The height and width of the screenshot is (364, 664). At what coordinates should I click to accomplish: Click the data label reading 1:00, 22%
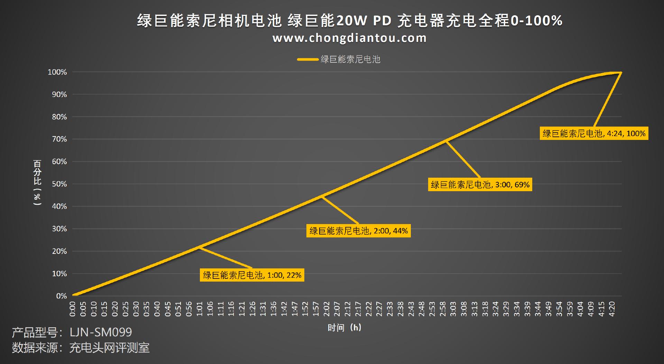click(x=252, y=275)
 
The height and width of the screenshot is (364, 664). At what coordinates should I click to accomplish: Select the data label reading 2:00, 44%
click(x=358, y=231)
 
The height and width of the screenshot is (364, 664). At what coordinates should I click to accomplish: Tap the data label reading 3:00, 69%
click(x=480, y=185)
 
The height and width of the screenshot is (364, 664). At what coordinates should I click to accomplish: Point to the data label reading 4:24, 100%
click(x=593, y=133)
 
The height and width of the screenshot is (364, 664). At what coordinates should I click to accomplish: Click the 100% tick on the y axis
click(x=57, y=72)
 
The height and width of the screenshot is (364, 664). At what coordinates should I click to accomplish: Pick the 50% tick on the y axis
click(x=59, y=184)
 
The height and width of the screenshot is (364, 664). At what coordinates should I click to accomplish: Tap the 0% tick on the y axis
click(x=61, y=296)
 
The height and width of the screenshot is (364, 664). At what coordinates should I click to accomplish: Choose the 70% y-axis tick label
click(x=59, y=139)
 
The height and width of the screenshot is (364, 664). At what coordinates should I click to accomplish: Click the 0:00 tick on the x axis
click(x=73, y=309)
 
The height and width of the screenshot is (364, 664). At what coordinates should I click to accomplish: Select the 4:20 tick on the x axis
click(x=612, y=309)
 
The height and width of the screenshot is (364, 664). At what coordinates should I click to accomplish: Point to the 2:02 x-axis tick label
click(x=326, y=309)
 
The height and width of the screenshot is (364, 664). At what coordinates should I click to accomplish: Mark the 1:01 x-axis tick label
click(x=200, y=309)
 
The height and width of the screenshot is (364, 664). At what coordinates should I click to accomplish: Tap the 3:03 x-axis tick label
click(x=453, y=309)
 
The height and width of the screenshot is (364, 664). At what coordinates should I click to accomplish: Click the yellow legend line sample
click(x=307, y=60)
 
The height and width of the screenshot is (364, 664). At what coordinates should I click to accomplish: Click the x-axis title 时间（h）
click(x=344, y=328)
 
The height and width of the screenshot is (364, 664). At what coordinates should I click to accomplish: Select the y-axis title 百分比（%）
click(x=37, y=182)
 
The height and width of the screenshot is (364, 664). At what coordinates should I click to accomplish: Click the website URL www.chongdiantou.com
click(x=349, y=38)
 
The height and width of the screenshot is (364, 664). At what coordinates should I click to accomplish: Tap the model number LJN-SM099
click(x=101, y=332)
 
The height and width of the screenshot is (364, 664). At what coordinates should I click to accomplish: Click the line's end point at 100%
click(x=621, y=72)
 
